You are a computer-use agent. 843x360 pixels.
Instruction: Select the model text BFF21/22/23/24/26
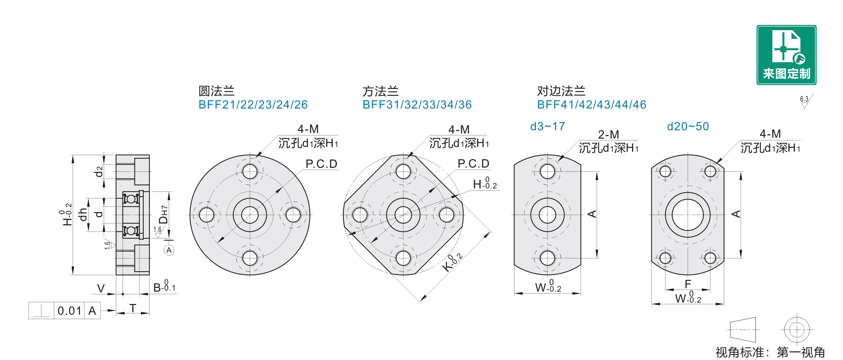[253, 105]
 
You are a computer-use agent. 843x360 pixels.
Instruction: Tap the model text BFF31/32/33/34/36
[417, 105]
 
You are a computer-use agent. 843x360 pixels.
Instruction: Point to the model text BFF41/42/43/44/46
[592, 105]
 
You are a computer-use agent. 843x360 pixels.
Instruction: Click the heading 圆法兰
[216, 91]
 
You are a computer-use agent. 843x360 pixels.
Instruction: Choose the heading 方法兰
[380, 91]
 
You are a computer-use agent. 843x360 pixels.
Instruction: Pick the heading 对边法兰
[561, 91]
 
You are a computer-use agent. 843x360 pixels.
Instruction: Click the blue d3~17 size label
[547, 126]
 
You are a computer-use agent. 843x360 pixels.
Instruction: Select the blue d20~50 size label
[688, 126]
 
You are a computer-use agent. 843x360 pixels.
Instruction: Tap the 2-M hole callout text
[609, 135]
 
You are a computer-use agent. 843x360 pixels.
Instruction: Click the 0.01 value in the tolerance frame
[69, 311]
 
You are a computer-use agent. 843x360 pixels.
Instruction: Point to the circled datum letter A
[169, 250]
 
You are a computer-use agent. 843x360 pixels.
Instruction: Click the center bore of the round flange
[250, 215]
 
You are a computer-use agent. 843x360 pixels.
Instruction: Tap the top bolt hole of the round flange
[250, 172]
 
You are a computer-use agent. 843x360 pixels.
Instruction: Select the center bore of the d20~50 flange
[688, 215]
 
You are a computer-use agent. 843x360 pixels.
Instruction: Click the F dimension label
[688, 284]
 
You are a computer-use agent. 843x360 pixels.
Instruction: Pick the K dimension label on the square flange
[452, 262]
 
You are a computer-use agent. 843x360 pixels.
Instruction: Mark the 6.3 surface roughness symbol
[805, 101]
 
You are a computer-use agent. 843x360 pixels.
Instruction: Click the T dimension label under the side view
[133, 308]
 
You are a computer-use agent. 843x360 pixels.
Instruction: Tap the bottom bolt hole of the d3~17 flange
[547, 258]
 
